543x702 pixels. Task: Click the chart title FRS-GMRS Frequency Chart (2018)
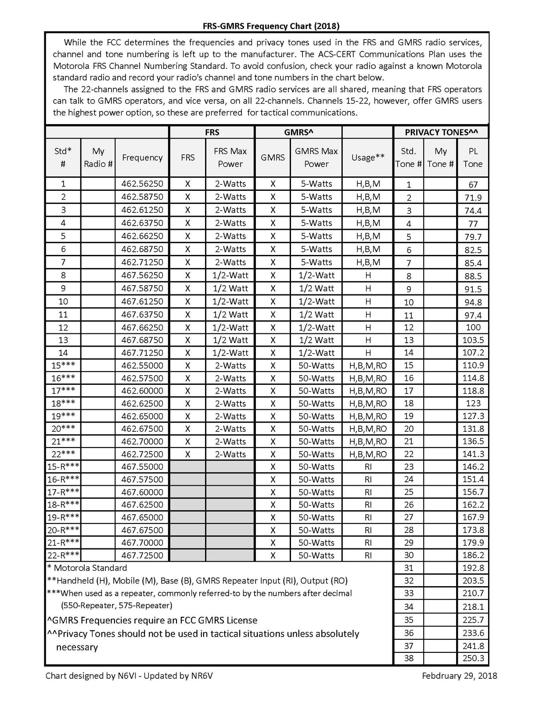(x=271, y=26)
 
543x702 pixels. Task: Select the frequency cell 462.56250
(x=142, y=184)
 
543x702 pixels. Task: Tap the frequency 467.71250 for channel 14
(x=142, y=353)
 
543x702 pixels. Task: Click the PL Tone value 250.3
(x=473, y=659)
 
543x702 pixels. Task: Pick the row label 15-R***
(x=63, y=467)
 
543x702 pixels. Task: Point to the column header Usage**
(x=368, y=158)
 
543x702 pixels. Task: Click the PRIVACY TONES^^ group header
(x=441, y=132)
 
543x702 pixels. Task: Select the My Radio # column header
(x=98, y=158)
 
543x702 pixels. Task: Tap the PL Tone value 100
(x=473, y=327)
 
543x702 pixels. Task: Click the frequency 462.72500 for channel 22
(x=142, y=455)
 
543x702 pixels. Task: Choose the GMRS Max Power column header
(x=316, y=158)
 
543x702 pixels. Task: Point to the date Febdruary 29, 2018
(x=460, y=676)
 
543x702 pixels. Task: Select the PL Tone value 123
(x=473, y=403)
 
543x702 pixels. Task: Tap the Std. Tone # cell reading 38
(x=409, y=659)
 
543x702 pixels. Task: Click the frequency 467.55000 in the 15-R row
(x=142, y=467)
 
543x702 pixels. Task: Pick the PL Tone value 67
(x=473, y=185)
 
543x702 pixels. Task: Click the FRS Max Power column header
(x=230, y=158)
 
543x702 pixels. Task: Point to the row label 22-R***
(x=63, y=555)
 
